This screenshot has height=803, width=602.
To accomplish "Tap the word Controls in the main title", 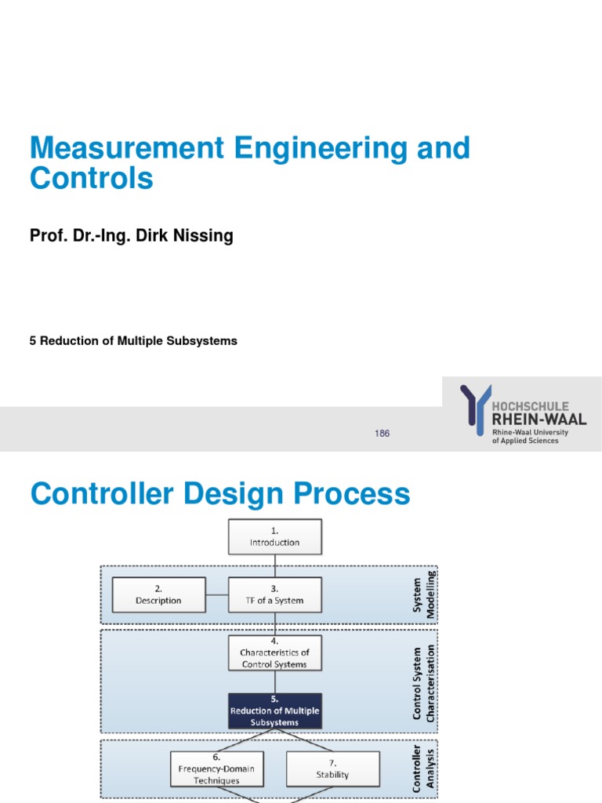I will (92, 180).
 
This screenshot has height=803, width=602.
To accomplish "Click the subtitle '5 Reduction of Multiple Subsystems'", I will (133, 341).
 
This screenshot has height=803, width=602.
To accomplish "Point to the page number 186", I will (383, 434).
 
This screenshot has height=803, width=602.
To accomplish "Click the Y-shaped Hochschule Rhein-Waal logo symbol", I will (476, 409).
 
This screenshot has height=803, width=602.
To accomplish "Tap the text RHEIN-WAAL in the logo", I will (539, 420).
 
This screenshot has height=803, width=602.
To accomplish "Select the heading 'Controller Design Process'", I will (219, 495).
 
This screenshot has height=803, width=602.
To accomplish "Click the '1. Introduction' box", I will (274, 536).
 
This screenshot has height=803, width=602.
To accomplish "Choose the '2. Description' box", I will (159, 595).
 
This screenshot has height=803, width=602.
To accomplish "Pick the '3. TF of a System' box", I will (274, 595).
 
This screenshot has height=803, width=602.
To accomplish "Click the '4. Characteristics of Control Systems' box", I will (274, 653).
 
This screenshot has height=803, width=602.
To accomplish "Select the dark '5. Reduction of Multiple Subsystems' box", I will (274, 710).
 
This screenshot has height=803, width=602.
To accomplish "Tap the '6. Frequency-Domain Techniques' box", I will (216, 769).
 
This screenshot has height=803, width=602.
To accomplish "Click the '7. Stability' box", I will (333, 769).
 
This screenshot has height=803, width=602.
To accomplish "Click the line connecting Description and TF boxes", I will (217, 595).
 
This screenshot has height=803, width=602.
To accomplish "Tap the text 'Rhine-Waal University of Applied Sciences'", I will (530, 437).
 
